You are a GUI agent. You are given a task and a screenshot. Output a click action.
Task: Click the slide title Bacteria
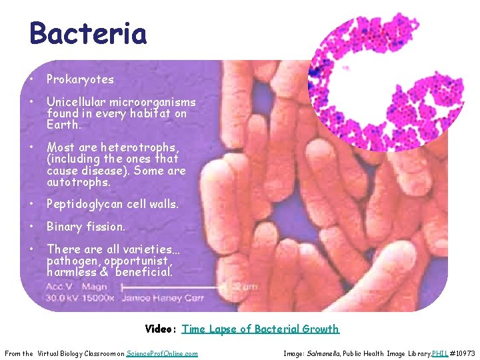pos(88,33)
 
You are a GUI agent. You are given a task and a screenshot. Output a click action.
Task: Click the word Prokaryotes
pos(80,79)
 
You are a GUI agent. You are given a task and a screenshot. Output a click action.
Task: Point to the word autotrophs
pos(79,182)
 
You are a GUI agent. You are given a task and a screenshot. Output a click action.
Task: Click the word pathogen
pos(71,261)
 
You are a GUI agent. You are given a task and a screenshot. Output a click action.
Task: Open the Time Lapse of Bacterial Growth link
pos(260,329)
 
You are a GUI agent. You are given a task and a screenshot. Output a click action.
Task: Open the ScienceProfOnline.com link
pos(162,353)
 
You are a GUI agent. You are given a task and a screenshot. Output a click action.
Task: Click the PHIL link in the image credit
pos(439,353)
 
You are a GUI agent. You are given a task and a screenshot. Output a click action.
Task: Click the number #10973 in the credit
pos(462,353)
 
